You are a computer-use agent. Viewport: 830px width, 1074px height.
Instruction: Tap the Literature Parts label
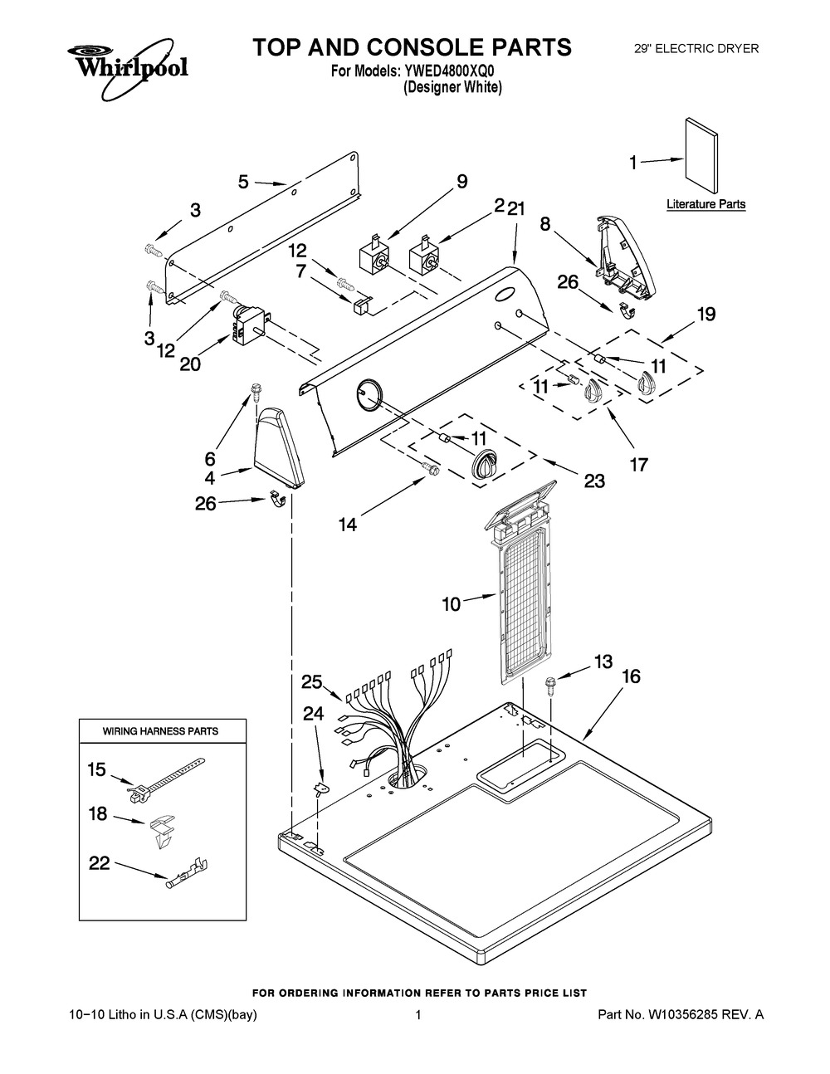(705, 204)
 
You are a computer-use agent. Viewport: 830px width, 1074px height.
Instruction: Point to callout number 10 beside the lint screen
(451, 604)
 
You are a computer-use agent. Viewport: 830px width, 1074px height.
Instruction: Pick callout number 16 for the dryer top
(631, 676)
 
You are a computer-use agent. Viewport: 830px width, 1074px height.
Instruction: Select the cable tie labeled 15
(166, 774)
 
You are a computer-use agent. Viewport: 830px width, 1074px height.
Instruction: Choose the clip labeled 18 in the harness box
(163, 827)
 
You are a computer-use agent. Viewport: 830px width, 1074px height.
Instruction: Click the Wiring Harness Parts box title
(160, 731)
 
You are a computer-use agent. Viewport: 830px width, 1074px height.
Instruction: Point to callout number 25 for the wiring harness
(311, 682)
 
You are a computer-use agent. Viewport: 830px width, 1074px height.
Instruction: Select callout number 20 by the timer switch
(190, 364)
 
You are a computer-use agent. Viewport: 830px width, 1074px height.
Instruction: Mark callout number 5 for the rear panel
(243, 181)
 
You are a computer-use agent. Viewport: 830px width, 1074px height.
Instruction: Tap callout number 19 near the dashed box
(705, 315)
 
